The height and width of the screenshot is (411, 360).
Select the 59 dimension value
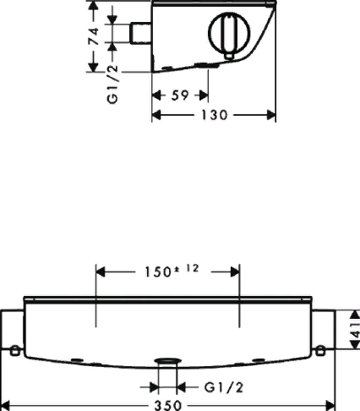pyautogui.click(x=180, y=96)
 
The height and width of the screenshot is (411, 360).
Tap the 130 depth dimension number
pyautogui.click(x=214, y=115)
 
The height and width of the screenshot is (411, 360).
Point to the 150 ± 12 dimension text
pyautogui.click(x=172, y=271)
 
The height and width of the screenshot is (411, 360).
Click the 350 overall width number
pyautogui.click(x=168, y=406)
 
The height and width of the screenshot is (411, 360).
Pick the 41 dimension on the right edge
pyautogui.click(x=356, y=329)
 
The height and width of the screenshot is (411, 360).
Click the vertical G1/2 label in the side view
pyautogui.click(x=112, y=85)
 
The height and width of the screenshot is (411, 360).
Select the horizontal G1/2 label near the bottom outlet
pyautogui.click(x=223, y=387)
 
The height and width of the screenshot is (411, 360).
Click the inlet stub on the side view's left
pyautogui.click(x=140, y=33)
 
